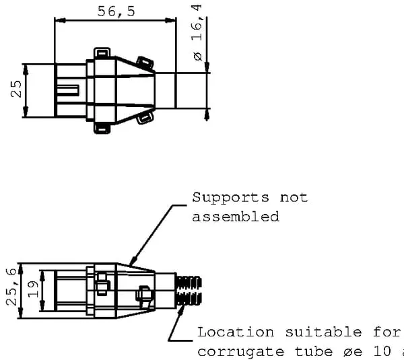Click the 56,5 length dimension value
click(116, 11)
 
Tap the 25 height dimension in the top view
click(16, 89)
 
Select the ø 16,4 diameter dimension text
click(197, 32)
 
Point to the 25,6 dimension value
click(11, 287)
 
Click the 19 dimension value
click(33, 289)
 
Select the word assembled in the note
click(236, 217)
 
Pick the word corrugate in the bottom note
click(241, 352)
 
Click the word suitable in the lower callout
click(323, 332)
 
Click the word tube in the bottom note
click(313, 351)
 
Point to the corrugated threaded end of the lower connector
click(189, 291)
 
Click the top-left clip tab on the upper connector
click(102, 52)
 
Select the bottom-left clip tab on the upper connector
click(102, 129)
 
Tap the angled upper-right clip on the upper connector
click(145, 64)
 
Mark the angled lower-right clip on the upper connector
click(145, 118)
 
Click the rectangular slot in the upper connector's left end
click(68, 90)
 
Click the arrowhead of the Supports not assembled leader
click(132, 261)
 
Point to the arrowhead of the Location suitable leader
click(182, 310)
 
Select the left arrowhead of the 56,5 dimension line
click(60, 20)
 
